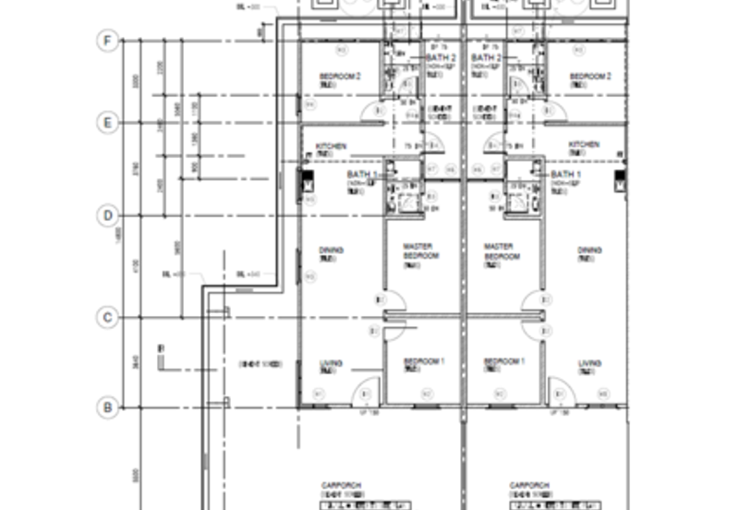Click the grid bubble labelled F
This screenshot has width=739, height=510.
pos(108,41)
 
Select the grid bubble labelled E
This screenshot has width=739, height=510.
pos(108,122)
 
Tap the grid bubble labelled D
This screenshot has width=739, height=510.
pos(108,216)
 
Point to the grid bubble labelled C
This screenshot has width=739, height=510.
pos(108,318)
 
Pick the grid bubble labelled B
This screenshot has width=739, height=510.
pos(108,407)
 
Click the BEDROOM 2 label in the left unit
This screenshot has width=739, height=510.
pos(339,76)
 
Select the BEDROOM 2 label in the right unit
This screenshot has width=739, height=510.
pos(590,76)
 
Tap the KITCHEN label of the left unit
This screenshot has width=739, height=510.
pos(331,146)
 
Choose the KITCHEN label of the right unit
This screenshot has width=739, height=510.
pos(584,145)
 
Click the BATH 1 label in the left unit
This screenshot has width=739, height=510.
pos(362,174)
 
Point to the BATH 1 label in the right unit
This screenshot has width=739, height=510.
pos(565,174)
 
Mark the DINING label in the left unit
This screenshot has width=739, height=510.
pos(331,250)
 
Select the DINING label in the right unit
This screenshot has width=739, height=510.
pos(589,250)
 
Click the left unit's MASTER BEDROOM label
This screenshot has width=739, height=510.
pos(421,250)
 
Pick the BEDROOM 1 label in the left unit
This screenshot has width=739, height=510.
pos(424,361)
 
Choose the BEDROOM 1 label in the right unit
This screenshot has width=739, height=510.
pos(504,361)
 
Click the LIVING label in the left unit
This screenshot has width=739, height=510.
pos(331,363)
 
